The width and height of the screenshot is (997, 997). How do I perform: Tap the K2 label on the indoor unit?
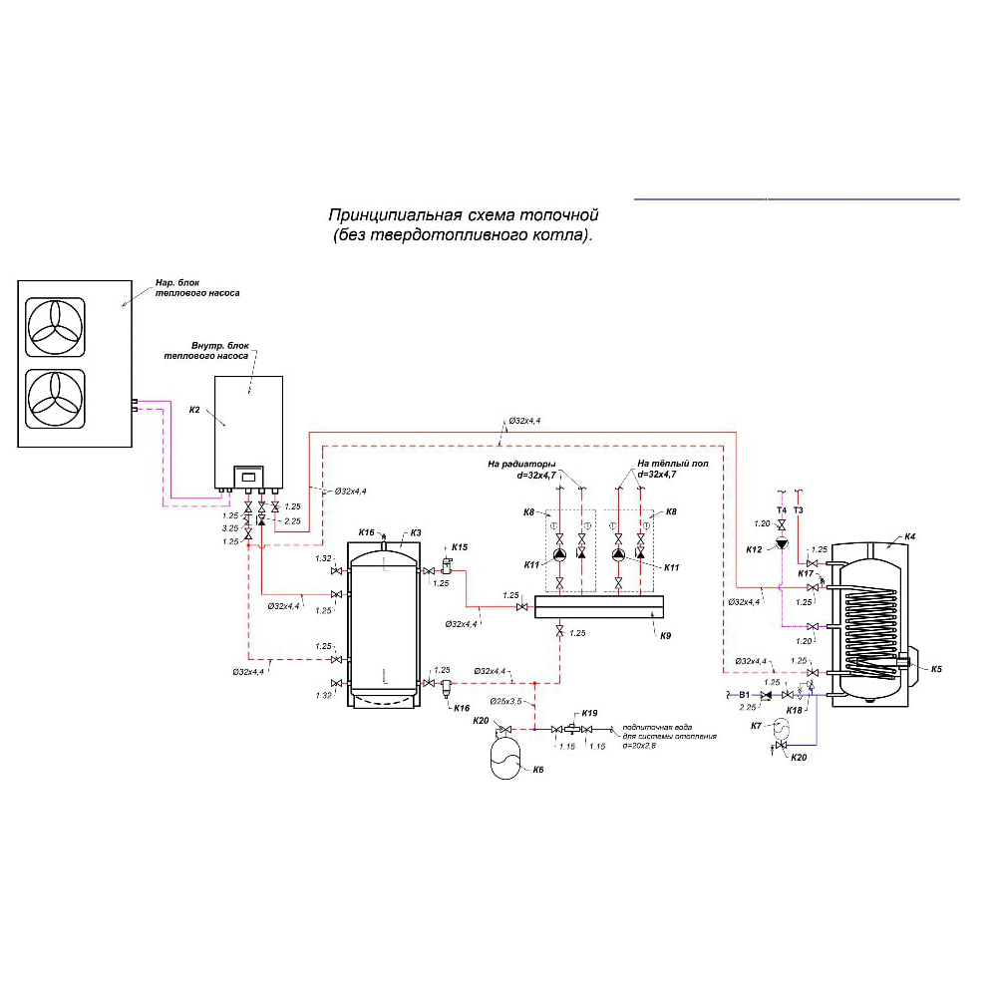click(x=195, y=410)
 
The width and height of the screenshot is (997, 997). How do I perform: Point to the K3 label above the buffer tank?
click(x=415, y=533)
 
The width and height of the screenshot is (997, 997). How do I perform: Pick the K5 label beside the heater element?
click(x=936, y=669)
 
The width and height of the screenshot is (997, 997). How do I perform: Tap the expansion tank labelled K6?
click(x=506, y=756)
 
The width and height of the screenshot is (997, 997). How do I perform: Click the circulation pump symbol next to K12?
click(x=783, y=545)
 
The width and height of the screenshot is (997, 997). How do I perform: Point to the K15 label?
click(x=460, y=547)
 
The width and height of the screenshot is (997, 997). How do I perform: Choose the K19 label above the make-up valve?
click(x=589, y=713)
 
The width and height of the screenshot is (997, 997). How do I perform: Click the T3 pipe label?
click(x=799, y=510)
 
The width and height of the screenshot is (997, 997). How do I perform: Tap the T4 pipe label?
click(x=783, y=510)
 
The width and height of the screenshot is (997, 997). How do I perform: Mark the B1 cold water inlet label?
click(x=744, y=694)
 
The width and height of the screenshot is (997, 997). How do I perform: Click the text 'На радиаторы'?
click(x=521, y=464)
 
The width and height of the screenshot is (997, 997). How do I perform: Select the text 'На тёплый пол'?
click(x=673, y=464)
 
